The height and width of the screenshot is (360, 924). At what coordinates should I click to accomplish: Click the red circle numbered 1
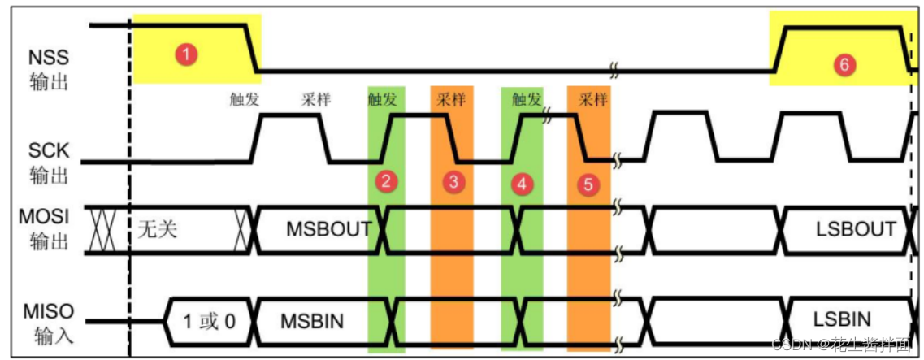point(187,55)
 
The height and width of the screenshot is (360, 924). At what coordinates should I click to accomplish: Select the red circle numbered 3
point(453,183)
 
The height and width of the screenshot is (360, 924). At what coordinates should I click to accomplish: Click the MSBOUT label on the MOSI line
point(329,229)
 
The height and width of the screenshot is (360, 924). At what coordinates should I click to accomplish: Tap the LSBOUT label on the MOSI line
point(856,228)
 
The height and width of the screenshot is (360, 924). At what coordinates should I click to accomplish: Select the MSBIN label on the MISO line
point(312,322)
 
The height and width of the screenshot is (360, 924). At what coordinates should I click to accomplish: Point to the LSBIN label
point(843,319)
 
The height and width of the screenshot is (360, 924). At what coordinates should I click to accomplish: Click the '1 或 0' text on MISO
point(210,322)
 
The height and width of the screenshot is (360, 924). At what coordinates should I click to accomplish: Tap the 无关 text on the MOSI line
point(158,230)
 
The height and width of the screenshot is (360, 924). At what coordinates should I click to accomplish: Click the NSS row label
point(48,70)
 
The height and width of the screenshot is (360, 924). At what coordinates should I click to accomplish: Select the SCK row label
point(49,163)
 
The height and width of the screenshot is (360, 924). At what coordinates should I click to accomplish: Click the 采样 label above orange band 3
point(451,100)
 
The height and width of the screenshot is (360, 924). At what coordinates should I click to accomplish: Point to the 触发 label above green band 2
point(382,100)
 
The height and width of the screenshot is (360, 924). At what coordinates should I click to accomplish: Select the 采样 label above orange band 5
point(593,100)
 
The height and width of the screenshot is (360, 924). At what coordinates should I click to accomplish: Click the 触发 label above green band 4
point(527,100)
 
